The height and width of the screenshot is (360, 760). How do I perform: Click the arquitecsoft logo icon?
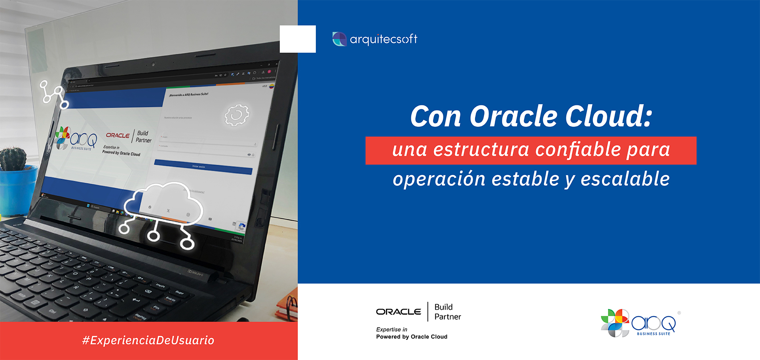339,39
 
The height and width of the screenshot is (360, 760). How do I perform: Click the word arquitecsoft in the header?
383,39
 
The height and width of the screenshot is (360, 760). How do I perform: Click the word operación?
439,179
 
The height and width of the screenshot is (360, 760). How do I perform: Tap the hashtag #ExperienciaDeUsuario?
148,340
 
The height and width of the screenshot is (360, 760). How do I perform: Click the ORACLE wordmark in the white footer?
399,312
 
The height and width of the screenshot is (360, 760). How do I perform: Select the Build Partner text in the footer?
447,312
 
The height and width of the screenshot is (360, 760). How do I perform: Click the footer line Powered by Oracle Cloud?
412,337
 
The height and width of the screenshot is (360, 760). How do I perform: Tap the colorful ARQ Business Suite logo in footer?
638,323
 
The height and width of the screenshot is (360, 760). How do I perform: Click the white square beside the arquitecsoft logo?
298,39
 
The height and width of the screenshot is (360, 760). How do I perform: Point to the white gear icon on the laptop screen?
237,115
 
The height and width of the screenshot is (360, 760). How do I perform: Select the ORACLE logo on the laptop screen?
118,135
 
